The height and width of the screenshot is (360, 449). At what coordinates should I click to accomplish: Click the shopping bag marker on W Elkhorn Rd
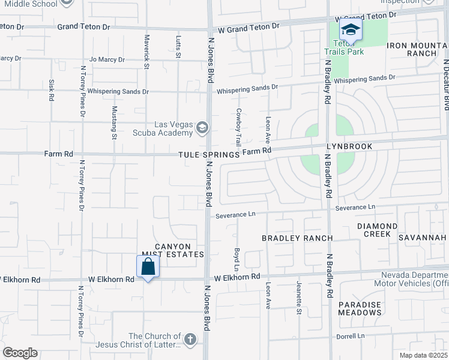click(x=148, y=266)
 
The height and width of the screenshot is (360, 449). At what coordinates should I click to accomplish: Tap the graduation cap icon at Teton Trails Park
click(x=350, y=29)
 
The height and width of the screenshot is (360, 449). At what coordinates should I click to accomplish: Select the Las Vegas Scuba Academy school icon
click(x=202, y=126)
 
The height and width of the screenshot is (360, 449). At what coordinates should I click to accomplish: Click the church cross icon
click(x=190, y=340)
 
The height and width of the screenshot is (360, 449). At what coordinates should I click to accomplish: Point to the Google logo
click(x=20, y=353)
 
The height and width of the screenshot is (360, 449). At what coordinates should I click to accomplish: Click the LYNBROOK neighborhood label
click(x=349, y=146)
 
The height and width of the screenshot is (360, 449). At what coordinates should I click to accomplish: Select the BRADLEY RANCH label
click(x=297, y=238)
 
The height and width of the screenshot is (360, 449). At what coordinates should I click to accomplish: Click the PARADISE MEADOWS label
click(x=360, y=308)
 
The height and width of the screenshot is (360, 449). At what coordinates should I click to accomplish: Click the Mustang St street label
click(x=114, y=122)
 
